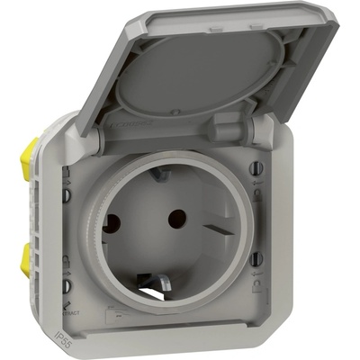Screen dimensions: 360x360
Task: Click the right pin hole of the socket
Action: coord(177,216)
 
